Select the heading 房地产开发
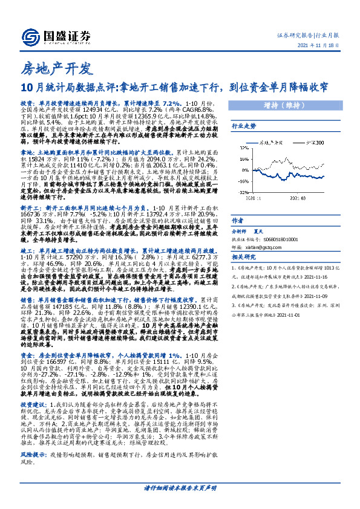(46, 66)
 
